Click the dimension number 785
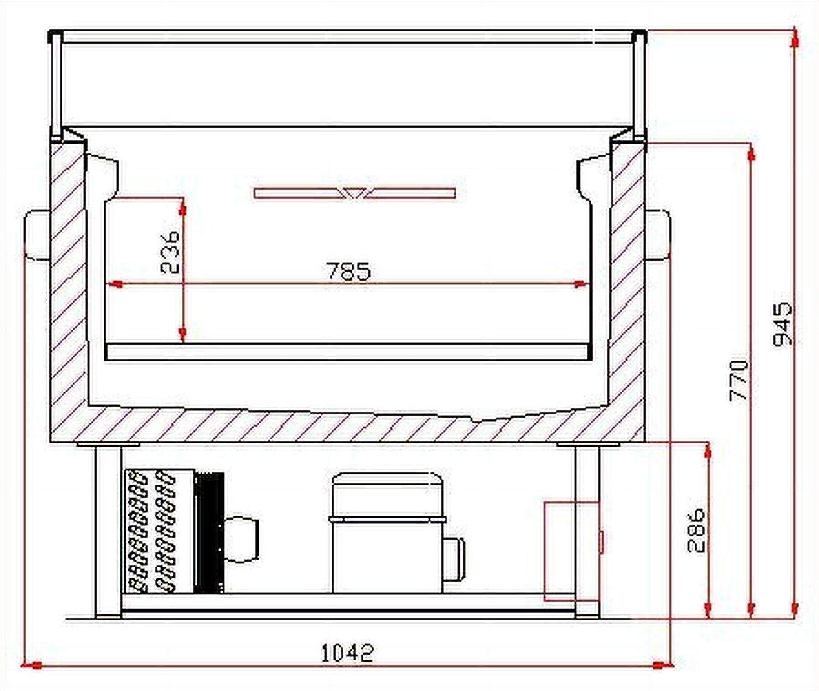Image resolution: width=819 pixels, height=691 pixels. click(x=348, y=270)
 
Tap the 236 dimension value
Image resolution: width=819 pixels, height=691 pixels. click(x=171, y=251)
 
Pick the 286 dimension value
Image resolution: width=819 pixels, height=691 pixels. click(x=696, y=531)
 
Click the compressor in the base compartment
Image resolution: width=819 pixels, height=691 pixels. click(x=388, y=533)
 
